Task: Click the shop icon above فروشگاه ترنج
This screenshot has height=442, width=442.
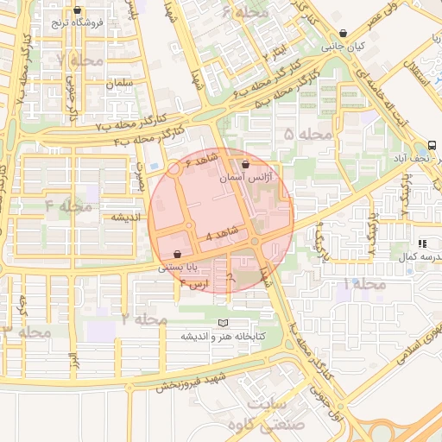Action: tap(78, 10)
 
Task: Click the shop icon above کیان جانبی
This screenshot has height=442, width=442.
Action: tap(344, 34)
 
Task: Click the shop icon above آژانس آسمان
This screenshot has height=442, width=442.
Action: tap(245, 163)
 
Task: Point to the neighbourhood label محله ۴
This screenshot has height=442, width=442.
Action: tap(68, 206)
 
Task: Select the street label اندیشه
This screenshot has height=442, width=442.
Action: tap(123, 218)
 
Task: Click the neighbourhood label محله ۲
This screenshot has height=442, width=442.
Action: tap(143, 319)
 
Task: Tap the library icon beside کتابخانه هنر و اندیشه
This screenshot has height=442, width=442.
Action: tap(224, 322)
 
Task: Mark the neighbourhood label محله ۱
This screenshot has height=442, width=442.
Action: tap(358, 284)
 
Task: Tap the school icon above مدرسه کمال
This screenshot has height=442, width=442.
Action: tap(422, 244)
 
